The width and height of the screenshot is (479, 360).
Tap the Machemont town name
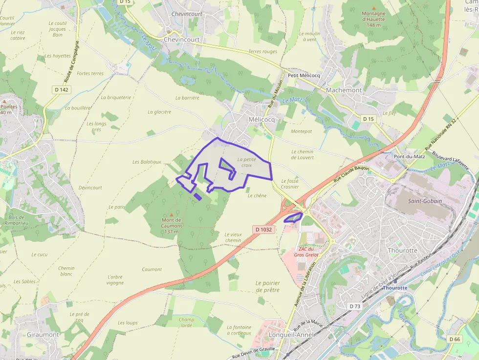pos(344,90)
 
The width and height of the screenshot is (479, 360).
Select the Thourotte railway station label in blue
pos(395,288)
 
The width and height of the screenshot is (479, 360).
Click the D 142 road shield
pos(62,89)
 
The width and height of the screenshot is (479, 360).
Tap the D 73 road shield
pos(355,306)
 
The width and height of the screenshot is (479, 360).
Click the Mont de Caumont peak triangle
pos(172,214)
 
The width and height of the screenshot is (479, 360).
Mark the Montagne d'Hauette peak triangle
pos(374,8)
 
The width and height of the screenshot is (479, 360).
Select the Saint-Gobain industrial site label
pos(425,201)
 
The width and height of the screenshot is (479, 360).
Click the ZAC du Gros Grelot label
pos(306,251)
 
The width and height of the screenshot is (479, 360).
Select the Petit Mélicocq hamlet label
pos(304,75)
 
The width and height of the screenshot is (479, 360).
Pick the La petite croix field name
pos(246,162)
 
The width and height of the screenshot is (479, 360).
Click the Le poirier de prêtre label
pos(267,286)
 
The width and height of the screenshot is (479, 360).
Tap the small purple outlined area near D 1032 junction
pos(293,217)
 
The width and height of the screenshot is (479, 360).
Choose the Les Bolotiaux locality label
pos(146,162)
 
